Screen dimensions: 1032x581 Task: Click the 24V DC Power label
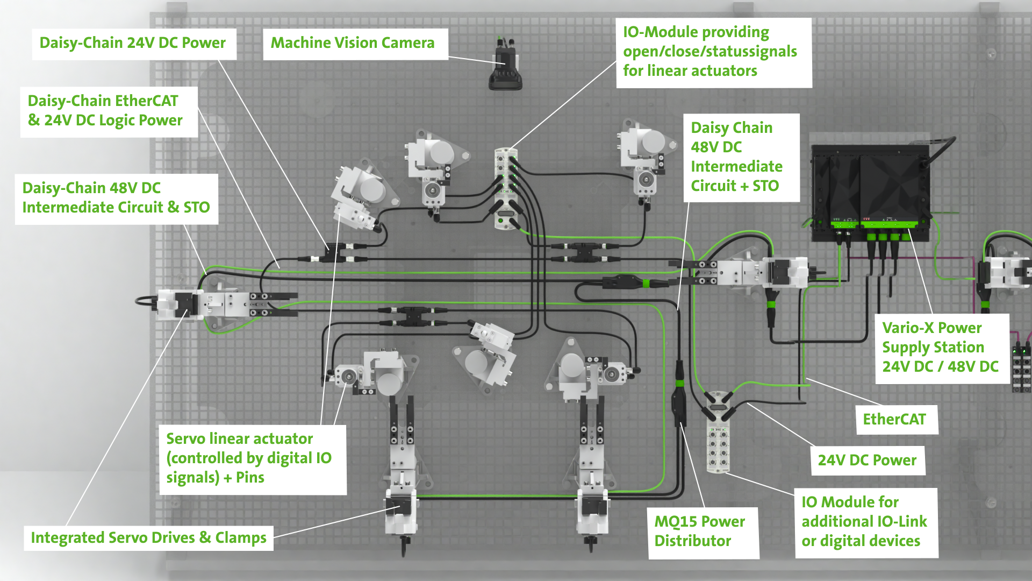pos(868,460)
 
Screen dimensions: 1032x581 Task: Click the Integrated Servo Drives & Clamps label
pos(148,538)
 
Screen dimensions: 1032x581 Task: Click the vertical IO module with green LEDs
pos(506,189)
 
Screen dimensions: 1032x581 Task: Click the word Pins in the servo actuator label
pos(250,478)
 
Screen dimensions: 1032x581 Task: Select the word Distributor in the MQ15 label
pos(693,541)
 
